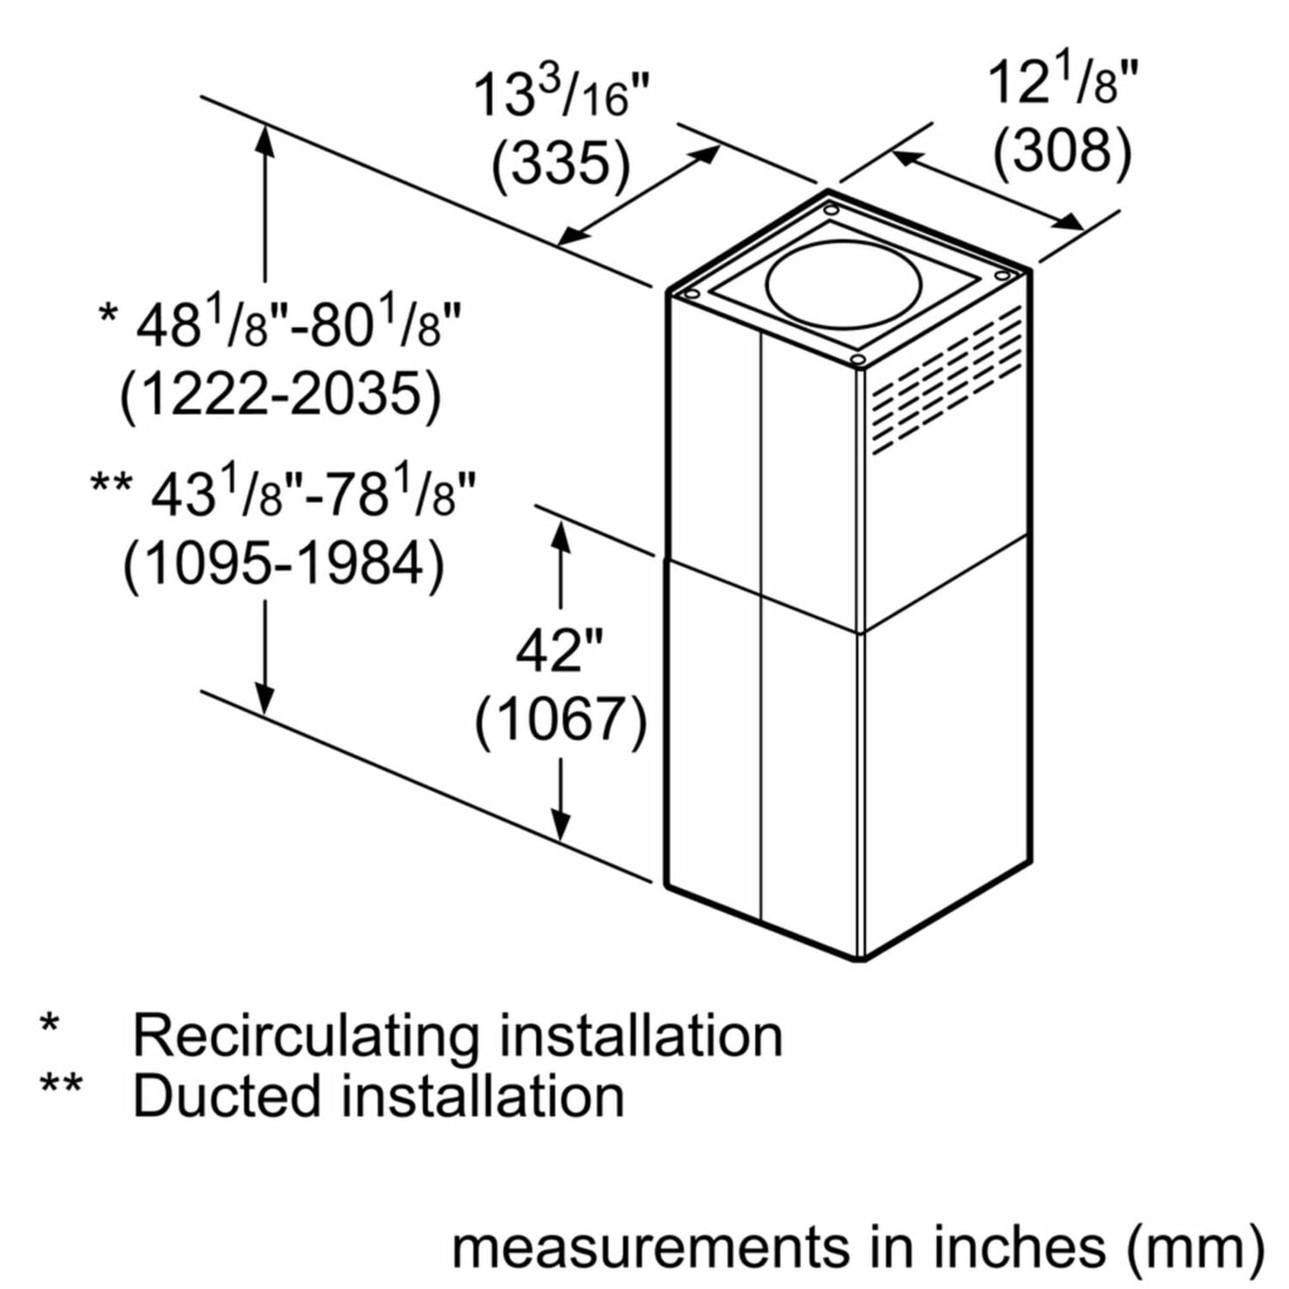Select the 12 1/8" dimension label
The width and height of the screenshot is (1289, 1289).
pyautogui.click(x=1063, y=84)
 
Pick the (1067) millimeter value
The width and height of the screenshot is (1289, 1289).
pyautogui.click(x=560, y=718)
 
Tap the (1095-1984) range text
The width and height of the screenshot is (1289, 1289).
pyautogui.click(x=283, y=564)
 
